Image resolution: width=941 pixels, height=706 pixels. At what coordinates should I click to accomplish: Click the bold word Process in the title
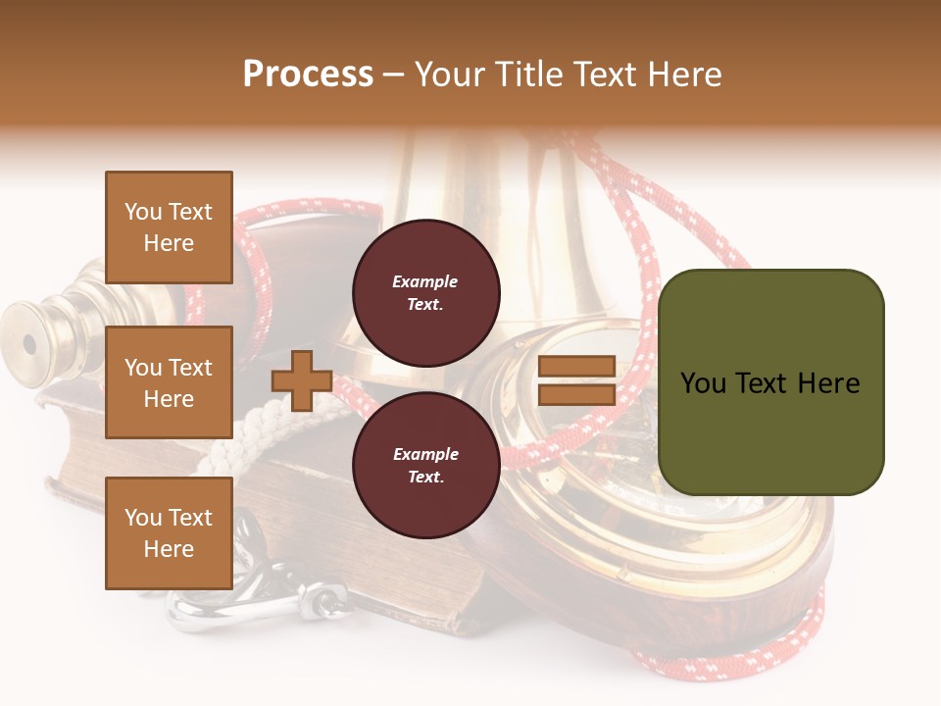(308, 75)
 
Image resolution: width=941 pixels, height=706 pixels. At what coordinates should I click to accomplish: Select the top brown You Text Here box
(169, 227)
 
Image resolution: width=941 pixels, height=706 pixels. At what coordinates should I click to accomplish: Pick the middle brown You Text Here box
(169, 382)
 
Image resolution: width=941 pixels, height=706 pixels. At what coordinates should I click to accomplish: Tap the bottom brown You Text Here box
(169, 532)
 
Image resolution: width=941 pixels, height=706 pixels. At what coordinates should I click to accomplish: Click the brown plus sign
(302, 380)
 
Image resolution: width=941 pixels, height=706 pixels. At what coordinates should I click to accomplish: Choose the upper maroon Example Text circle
(425, 293)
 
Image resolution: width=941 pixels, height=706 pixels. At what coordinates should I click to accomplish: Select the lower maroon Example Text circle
(425, 466)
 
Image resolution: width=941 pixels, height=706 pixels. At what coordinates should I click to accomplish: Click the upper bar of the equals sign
(576, 367)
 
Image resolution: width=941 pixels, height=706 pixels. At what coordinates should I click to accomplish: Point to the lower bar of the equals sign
(576, 394)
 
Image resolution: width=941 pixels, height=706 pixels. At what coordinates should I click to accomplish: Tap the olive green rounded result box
(770, 381)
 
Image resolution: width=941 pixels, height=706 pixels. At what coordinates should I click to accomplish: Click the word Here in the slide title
(686, 75)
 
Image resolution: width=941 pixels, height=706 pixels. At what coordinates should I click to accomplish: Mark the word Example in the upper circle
(425, 281)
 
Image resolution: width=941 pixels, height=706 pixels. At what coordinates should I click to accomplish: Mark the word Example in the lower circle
(425, 454)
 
